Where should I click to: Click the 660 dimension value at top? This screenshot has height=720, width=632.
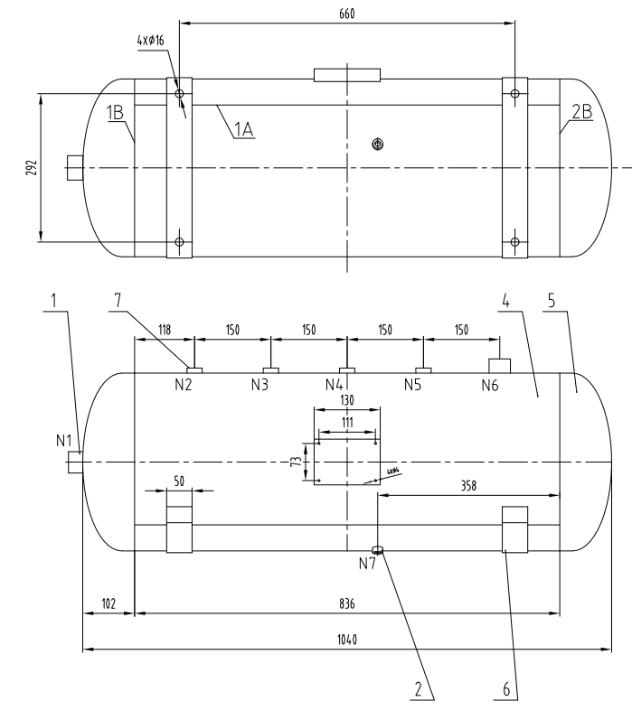[x=346, y=12]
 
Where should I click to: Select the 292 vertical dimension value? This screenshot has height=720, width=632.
[x=30, y=167]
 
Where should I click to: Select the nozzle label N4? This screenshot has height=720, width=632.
[x=335, y=384]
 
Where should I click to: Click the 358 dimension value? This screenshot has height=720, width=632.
[x=467, y=485]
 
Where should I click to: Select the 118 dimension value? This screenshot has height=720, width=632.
[x=164, y=331]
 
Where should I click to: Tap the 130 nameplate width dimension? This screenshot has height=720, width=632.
[x=346, y=400]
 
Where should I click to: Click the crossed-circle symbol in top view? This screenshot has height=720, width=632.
[x=378, y=144]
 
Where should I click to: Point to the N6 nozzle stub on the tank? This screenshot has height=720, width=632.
[x=500, y=365]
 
